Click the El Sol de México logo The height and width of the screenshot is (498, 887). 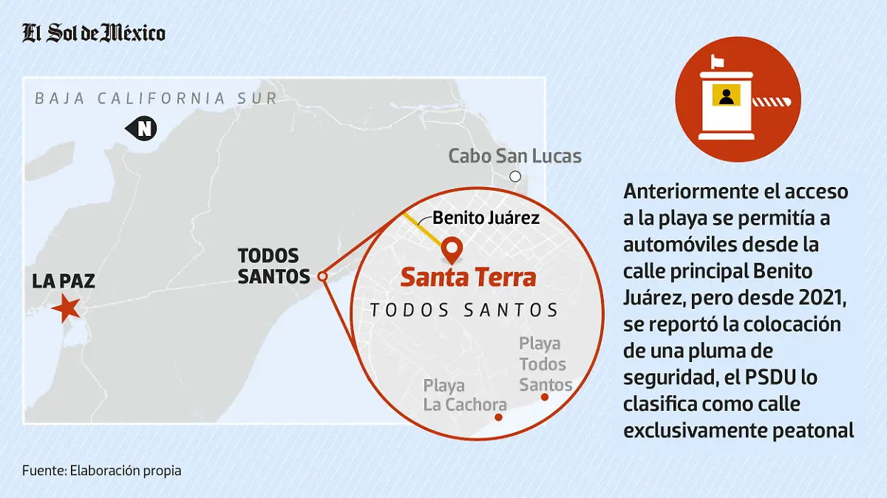93,33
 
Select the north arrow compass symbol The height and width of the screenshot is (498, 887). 142,129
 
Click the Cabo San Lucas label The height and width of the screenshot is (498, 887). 514,157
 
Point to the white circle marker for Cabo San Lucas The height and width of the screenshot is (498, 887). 515,177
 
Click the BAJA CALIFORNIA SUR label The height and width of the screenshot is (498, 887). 156,98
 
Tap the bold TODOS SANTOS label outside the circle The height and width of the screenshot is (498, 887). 273,266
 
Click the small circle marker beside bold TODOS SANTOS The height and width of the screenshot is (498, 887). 322,276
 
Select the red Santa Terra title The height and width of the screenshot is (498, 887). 468,279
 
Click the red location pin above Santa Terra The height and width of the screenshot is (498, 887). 451,250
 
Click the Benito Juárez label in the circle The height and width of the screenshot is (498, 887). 486,218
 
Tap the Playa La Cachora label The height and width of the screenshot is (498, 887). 463,395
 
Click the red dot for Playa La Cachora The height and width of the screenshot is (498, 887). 498,417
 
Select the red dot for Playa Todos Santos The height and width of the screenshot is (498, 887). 545,398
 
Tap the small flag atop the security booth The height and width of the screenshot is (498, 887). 717,59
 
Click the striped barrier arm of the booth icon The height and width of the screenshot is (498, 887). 773,100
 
